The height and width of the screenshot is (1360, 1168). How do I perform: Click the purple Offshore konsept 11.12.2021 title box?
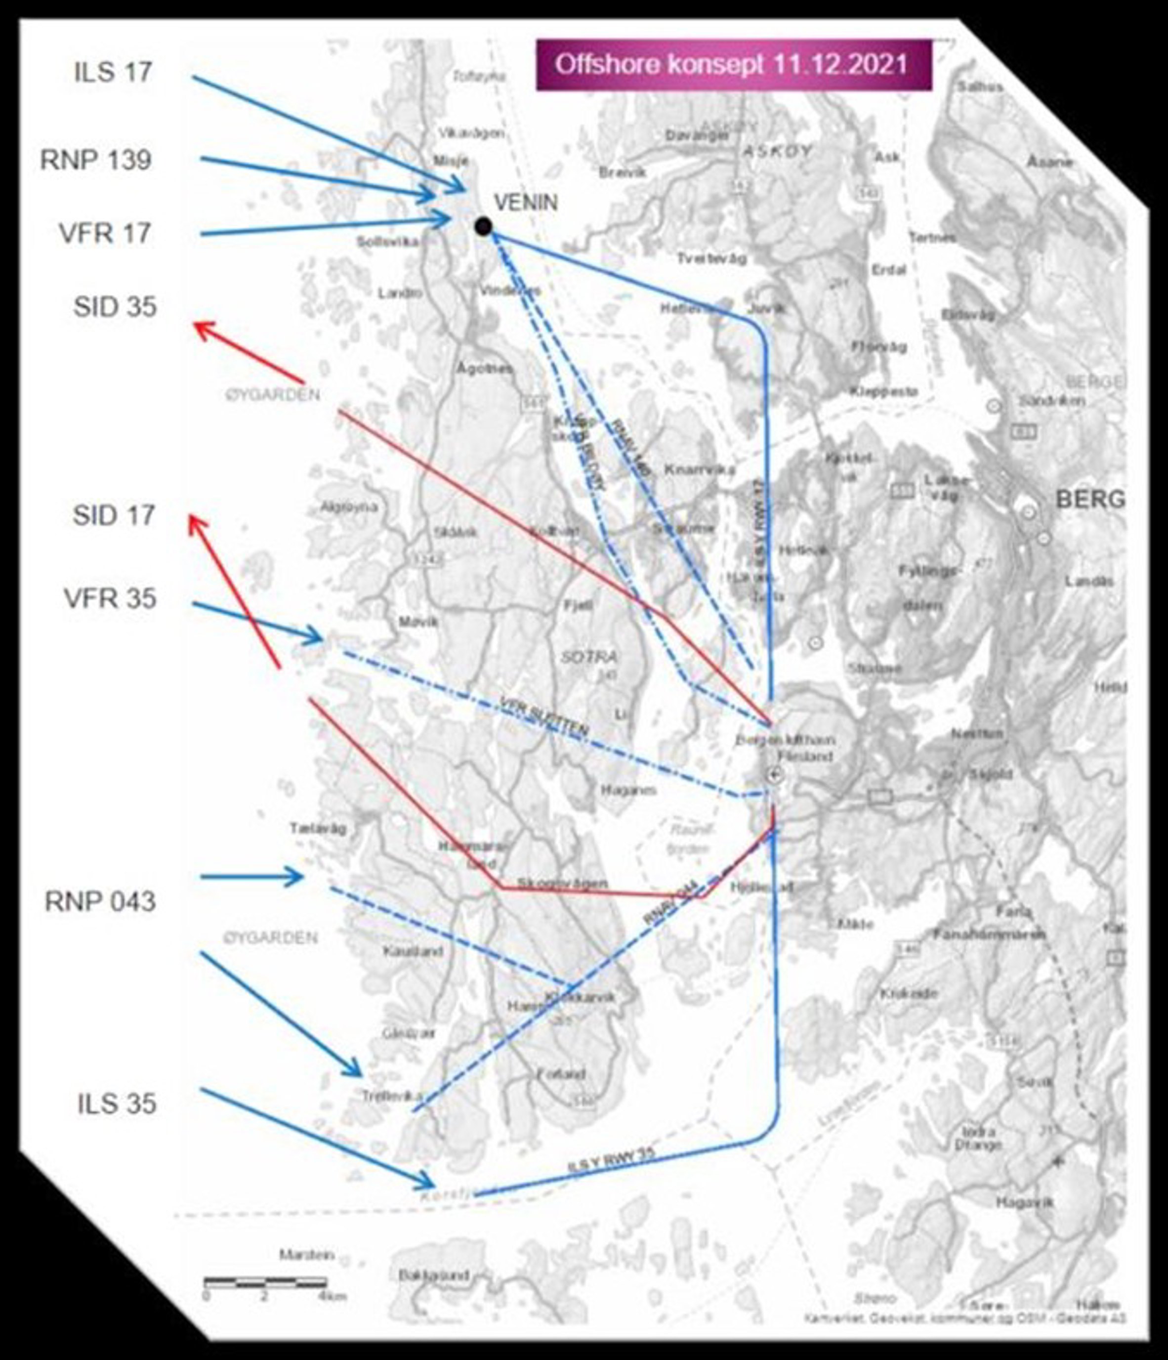[734, 64]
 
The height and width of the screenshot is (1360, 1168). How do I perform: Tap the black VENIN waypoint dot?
[484, 226]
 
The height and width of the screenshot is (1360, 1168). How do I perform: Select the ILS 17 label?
[113, 72]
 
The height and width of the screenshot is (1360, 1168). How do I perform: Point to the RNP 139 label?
[96, 160]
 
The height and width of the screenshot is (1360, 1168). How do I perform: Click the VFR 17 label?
[105, 234]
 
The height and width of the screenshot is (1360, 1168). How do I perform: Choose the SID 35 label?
[115, 306]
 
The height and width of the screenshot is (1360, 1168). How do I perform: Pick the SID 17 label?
[114, 515]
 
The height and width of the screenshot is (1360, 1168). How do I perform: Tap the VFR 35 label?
[110, 598]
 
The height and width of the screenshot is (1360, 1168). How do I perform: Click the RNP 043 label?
[100, 902]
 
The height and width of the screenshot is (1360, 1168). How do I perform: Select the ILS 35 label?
[117, 1104]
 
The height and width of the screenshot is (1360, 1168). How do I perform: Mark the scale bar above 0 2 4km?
[265, 1280]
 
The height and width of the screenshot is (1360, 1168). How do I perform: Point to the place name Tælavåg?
[318, 829]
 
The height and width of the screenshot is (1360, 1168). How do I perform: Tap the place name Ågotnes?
[485, 369]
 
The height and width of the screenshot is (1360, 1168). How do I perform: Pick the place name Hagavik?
[1024, 1202]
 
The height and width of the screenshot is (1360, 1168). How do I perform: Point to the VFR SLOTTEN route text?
[544, 716]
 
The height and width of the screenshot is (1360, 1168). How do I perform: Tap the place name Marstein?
[306, 1255]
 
